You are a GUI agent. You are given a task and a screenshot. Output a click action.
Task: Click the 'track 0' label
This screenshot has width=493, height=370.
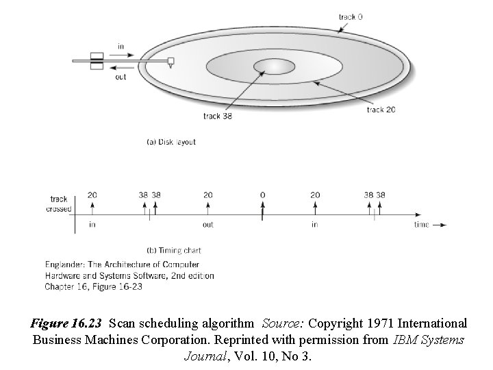351,17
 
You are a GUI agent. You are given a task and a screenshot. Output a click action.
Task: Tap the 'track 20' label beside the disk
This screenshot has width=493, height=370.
381,109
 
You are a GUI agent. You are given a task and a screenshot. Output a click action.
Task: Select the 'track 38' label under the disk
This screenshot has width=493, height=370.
218,116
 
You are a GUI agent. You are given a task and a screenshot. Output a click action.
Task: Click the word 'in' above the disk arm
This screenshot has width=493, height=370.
121,47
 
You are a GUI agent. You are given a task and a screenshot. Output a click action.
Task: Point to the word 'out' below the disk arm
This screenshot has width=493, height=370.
121,77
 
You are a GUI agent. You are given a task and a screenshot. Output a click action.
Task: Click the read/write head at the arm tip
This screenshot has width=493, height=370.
170,62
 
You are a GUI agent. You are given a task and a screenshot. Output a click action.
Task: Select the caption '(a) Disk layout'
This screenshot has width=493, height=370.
171,142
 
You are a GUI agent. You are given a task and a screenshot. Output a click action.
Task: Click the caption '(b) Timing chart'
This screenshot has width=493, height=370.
174,250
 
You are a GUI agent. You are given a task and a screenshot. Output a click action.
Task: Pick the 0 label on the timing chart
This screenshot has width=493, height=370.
262,195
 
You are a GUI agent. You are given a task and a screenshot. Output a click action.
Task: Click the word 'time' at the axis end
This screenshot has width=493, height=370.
422,224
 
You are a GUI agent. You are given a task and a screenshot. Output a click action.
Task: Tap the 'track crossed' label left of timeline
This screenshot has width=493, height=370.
58,204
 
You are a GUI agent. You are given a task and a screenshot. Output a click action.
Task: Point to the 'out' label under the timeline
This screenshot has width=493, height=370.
207,224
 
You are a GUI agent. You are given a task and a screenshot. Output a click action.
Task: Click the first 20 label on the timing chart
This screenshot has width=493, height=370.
92,195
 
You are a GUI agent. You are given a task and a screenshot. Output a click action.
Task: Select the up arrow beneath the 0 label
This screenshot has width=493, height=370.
262,210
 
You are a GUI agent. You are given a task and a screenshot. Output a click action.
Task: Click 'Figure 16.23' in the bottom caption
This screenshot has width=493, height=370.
67,322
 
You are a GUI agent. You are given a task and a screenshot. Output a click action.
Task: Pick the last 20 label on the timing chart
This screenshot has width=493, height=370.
314,195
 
